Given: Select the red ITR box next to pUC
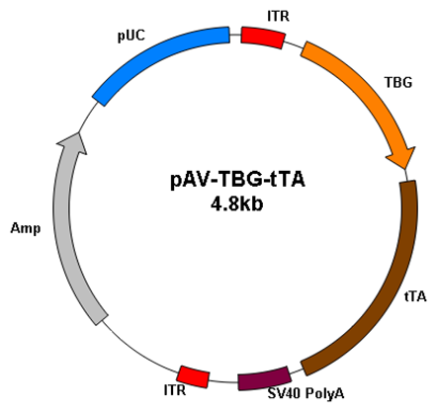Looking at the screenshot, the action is point(263,38).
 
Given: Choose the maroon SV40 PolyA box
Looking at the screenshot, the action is point(264,378).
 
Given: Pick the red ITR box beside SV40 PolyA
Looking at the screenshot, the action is point(194,376).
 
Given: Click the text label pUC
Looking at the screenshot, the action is point(131,37).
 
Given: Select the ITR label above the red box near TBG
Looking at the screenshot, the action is point(279,16).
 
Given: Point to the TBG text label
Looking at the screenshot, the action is point(398,82).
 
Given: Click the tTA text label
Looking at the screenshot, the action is point(415,296).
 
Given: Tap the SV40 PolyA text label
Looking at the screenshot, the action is point(306,393).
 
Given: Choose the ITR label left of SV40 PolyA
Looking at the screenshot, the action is point(175,390).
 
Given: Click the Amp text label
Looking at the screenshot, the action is point(26,228).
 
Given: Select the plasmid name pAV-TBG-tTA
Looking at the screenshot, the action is point(237,181).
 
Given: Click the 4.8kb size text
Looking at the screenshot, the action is point(237,205).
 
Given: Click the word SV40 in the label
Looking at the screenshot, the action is point(284,393).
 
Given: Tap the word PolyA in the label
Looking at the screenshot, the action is point(325,393).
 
